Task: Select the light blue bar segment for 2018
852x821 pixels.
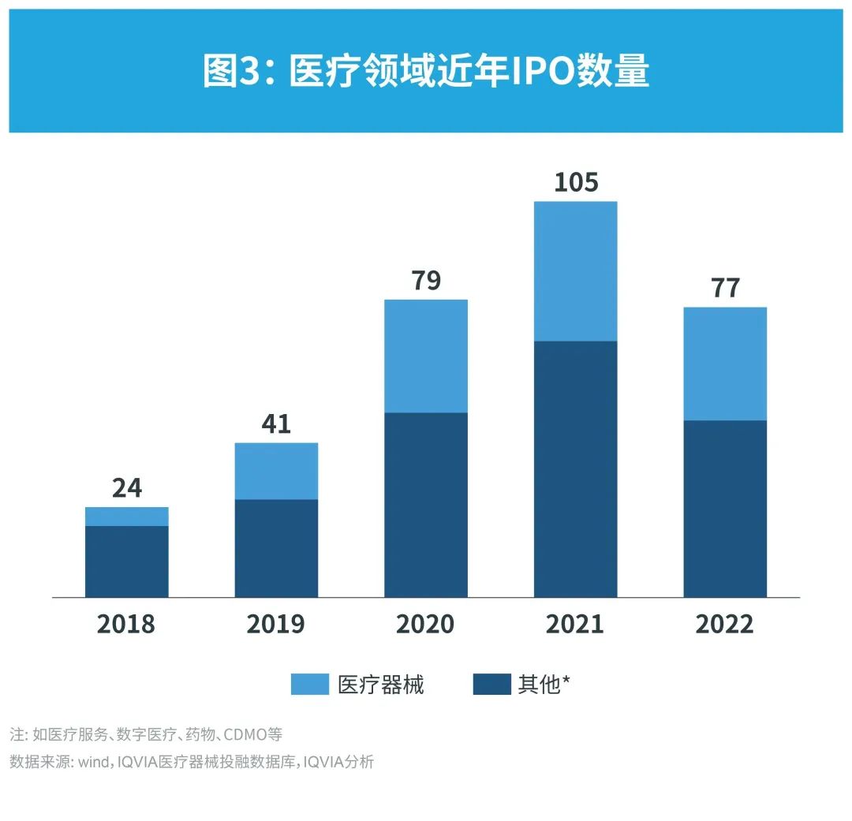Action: tap(126, 517)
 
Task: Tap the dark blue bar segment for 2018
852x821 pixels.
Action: tap(126, 562)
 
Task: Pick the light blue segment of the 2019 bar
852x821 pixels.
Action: tap(276, 471)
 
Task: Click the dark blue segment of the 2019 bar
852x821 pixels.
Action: tap(276, 548)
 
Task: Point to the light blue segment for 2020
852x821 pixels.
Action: tap(426, 356)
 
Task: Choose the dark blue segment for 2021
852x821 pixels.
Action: tap(575, 469)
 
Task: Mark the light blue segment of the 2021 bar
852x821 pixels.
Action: tap(575, 271)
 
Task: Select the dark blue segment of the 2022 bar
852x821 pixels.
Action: tap(725, 509)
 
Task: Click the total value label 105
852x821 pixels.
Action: tap(576, 182)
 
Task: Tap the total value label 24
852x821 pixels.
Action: tap(126, 488)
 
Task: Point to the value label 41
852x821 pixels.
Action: tap(276, 424)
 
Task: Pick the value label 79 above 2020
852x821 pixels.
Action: tap(426, 281)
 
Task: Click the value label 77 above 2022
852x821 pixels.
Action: tap(725, 288)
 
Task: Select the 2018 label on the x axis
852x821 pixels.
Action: tap(126, 624)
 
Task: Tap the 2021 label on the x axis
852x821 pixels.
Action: tap(575, 624)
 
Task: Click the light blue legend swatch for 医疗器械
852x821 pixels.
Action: tap(310, 685)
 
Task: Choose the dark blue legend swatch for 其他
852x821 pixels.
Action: tap(492, 685)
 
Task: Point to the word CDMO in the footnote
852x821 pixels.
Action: tap(245, 735)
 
